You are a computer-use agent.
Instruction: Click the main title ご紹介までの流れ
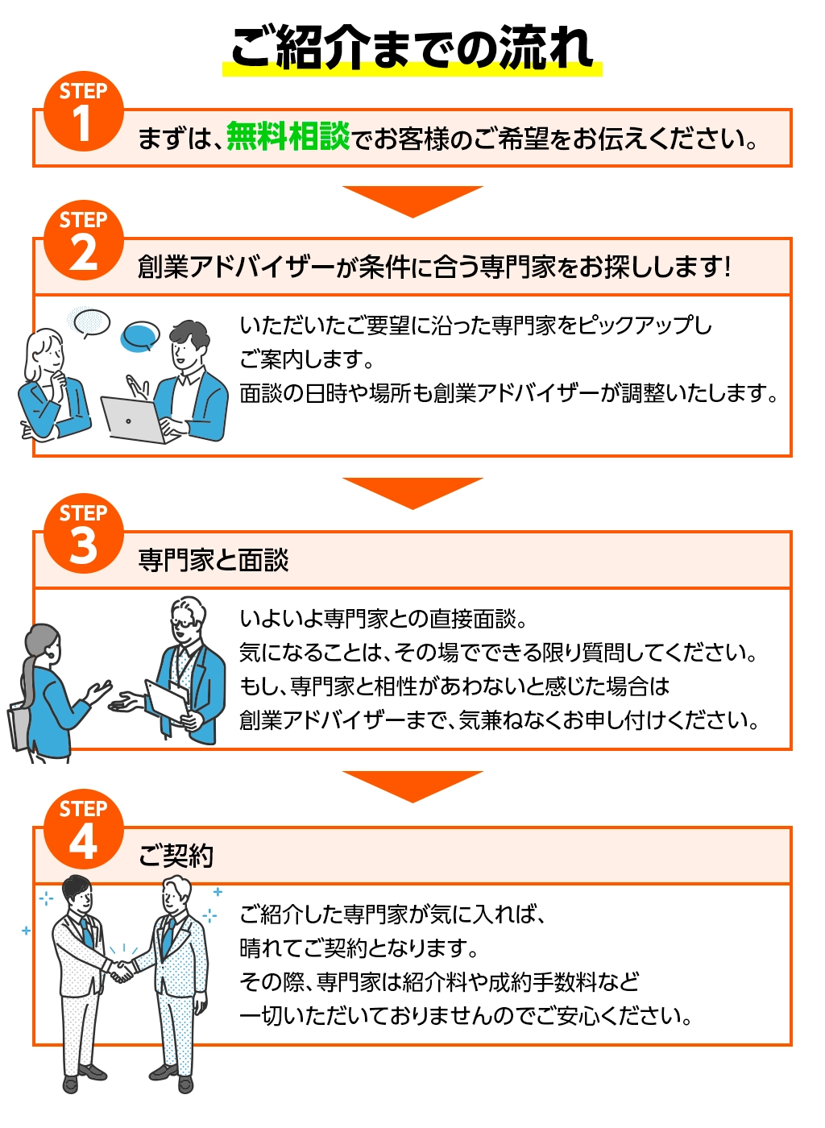[x=412, y=48]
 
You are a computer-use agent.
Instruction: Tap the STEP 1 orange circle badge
[x=83, y=113]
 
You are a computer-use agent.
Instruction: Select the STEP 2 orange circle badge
[x=83, y=241]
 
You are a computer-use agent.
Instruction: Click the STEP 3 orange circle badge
[x=83, y=534]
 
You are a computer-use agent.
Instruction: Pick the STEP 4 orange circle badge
[x=83, y=830]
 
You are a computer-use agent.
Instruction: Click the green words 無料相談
[x=288, y=137]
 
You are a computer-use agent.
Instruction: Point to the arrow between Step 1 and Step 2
[x=412, y=201]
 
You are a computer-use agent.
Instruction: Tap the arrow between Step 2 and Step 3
[x=412, y=492]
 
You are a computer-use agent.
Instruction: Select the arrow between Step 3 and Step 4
[x=412, y=786]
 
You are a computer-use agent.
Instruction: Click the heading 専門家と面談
[x=213, y=560]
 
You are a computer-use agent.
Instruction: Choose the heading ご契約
[x=176, y=855]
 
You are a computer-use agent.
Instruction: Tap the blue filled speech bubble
[x=140, y=336]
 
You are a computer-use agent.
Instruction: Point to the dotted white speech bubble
[x=90, y=321]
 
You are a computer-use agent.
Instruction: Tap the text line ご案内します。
[x=306, y=359]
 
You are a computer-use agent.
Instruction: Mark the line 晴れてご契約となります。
[x=359, y=948]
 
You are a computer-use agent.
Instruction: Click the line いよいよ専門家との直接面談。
[x=383, y=619]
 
